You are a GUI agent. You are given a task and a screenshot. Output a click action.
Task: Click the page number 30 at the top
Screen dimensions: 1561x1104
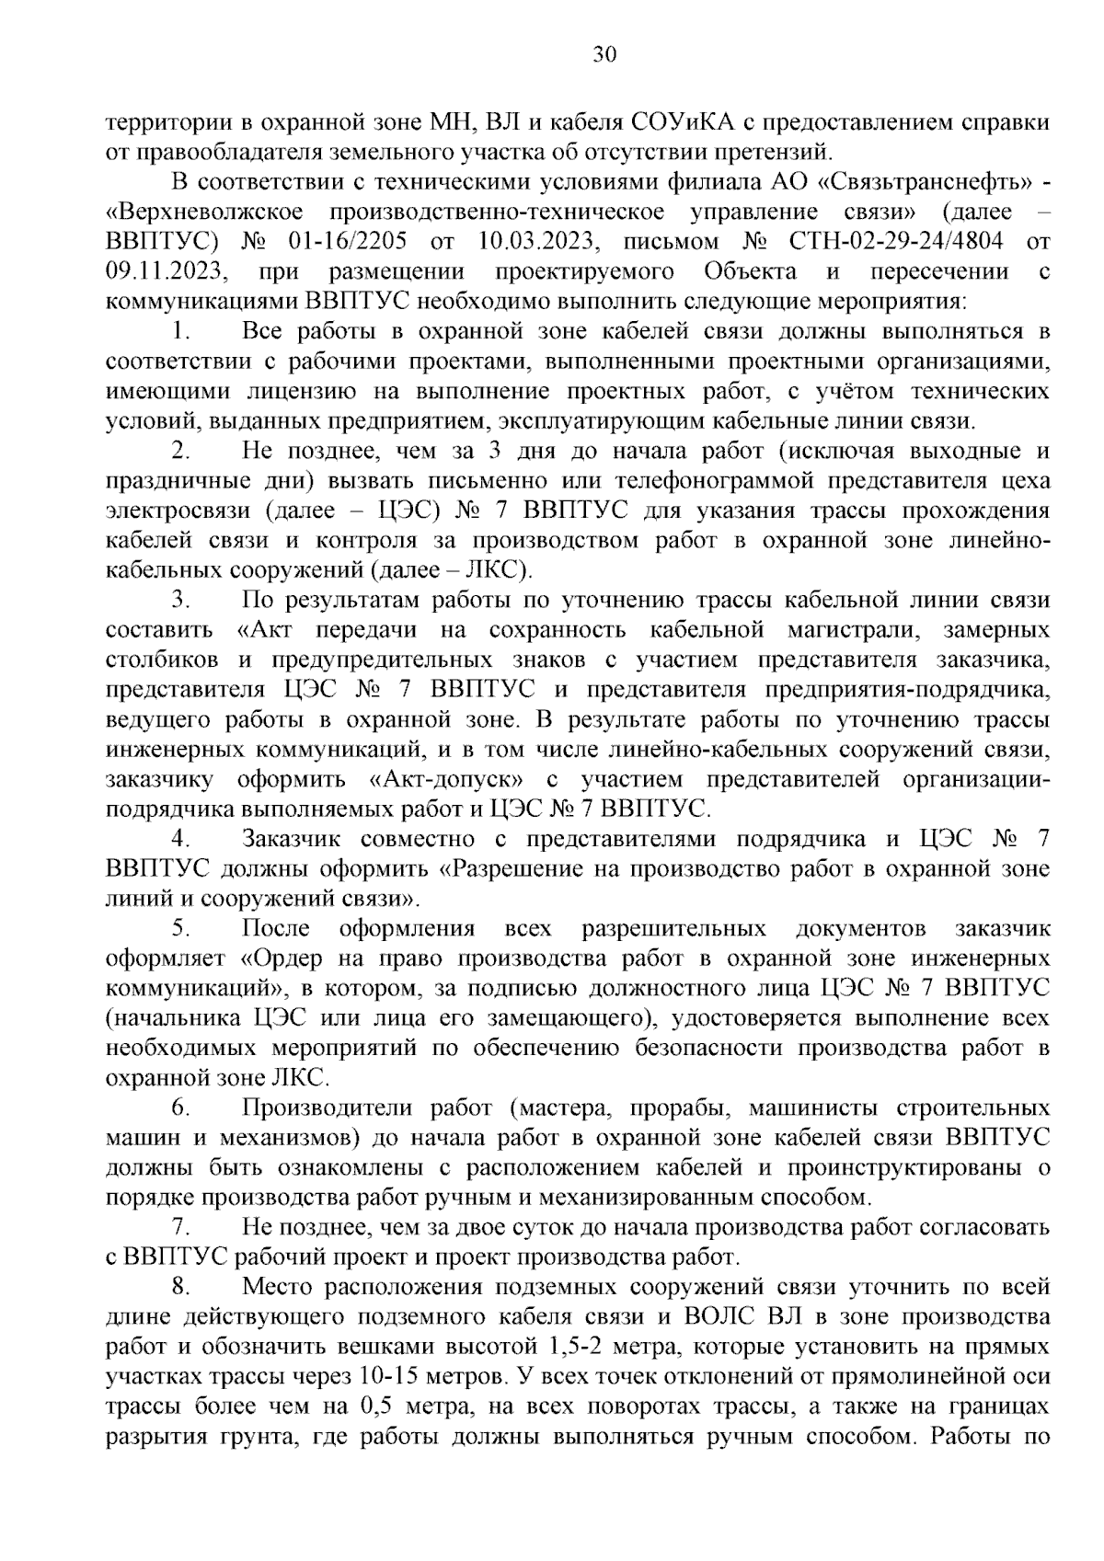604,54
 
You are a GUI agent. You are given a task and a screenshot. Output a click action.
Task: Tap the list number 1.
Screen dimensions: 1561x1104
180,332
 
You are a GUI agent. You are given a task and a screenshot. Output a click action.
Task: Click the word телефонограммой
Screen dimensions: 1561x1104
714,481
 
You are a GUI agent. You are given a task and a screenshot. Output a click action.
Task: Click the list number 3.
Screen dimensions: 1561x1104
180,601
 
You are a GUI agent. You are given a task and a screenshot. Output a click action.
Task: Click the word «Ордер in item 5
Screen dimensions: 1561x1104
282,958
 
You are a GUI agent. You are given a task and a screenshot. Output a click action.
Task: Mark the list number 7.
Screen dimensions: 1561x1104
180,1227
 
